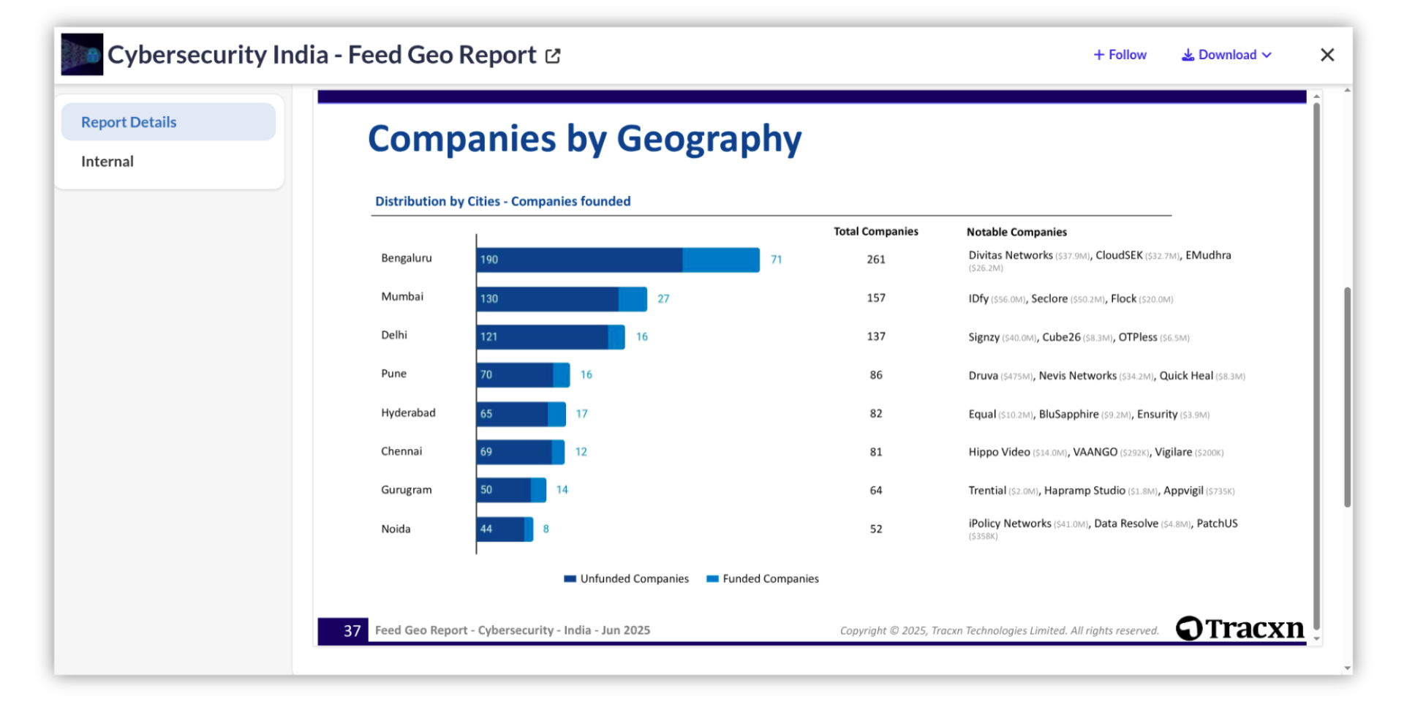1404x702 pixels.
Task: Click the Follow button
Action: (1120, 55)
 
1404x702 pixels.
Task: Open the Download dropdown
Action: (1226, 55)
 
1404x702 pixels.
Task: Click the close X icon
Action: (1327, 55)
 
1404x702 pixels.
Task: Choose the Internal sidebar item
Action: (107, 162)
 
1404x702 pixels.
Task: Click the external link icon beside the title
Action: (553, 56)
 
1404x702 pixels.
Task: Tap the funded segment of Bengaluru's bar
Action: (720, 260)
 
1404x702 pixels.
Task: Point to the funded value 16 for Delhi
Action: (641, 336)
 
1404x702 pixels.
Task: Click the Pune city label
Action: (393, 374)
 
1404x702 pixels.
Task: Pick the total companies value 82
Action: (875, 414)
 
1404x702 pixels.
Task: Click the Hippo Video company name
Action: (999, 452)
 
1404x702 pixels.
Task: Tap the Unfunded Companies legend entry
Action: (627, 578)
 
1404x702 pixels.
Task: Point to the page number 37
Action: (352, 630)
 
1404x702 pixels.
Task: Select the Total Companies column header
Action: (875, 232)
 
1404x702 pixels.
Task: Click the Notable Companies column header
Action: (1016, 232)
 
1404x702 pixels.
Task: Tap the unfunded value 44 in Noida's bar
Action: (486, 529)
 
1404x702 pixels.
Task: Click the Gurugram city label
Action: (406, 490)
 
